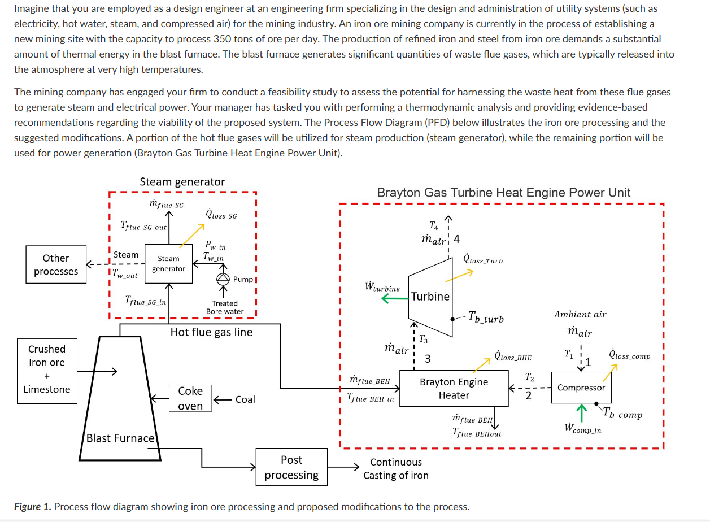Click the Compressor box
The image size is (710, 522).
coord(581,388)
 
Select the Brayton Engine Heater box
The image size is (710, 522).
coord(454,388)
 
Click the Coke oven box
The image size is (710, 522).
coord(190,398)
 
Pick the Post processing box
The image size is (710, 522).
coord(291,468)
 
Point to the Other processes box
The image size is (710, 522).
coord(56,264)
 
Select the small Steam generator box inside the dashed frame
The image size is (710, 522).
coord(168,264)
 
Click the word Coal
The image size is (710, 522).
coord(245,399)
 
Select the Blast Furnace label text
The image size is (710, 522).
coord(120,438)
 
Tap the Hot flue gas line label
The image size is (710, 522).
coord(211,332)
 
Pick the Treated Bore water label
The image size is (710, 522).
coord(225,307)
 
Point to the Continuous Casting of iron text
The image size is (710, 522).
coord(396,469)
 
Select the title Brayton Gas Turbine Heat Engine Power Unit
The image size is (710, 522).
coord(503,192)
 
